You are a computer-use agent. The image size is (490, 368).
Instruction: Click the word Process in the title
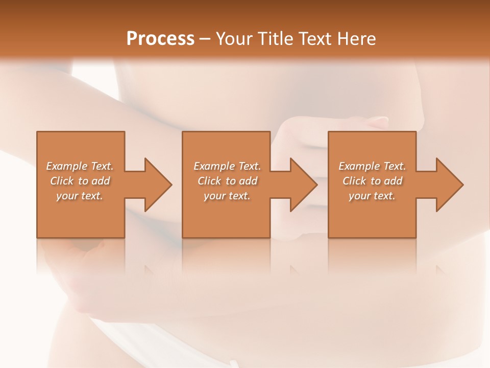point(160,39)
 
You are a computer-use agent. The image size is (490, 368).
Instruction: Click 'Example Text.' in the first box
point(80,166)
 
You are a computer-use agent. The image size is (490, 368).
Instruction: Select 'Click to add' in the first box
point(80,181)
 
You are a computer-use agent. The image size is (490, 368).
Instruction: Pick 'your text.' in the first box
point(80,196)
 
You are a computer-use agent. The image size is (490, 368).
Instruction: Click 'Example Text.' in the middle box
point(227,166)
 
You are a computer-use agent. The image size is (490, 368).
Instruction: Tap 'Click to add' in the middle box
point(227,181)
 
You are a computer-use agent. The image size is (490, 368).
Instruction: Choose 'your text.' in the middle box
point(227,196)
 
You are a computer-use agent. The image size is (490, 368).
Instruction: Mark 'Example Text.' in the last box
point(372,166)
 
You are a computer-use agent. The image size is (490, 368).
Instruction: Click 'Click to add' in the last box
point(372,181)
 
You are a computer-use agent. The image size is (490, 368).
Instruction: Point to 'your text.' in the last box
point(372,196)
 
